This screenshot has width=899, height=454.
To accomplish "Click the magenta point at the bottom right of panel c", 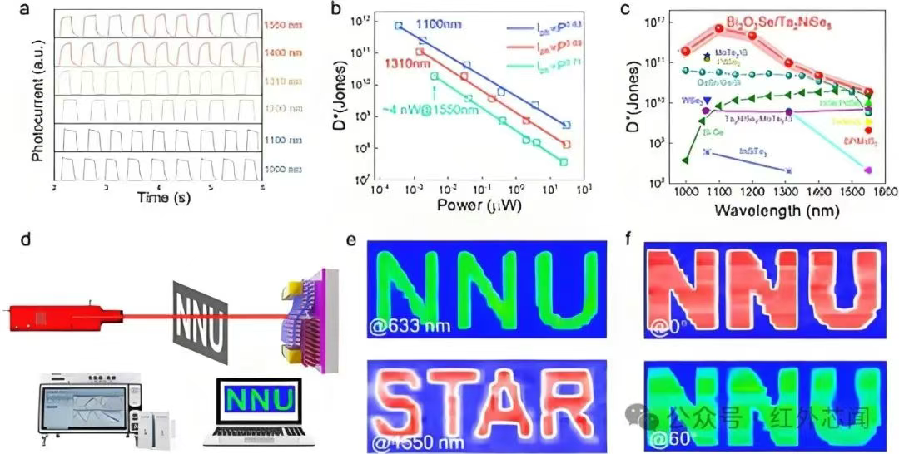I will tap(867, 170).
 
